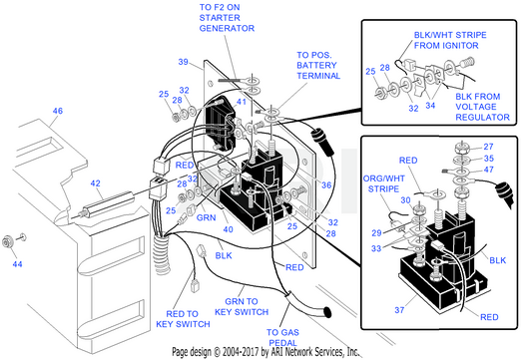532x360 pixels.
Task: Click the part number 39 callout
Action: tap(184, 62)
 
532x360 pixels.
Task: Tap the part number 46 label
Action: tap(58, 111)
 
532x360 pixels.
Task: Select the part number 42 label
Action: tap(96, 183)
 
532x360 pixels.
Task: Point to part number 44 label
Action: tap(17, 263)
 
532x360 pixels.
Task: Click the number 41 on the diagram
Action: tap(242, 102)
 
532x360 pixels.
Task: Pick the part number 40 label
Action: tap(228, 229)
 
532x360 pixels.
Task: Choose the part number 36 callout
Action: tap(326, 184)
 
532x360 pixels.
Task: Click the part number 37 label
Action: tap(399, 310)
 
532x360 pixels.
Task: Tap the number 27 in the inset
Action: tap(488, 147)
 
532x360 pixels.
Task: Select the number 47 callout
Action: tap(488, 170)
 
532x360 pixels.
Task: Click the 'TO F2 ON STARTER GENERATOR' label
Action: tap(227, 18)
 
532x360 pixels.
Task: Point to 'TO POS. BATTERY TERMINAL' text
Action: tap(318, 65)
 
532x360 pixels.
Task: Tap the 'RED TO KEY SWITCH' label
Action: tap(183, 319)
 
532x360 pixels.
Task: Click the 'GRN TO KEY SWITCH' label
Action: tap(242, 306)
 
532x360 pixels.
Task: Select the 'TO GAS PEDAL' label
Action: tap(282, 337)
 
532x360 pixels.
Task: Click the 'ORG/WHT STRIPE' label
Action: tap(383, 183)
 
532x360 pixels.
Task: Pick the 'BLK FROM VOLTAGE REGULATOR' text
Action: tap(482, 107)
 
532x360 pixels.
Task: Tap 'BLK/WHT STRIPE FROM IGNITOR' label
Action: tap(450, 40)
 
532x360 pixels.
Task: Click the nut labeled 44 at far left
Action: tap(7, 242)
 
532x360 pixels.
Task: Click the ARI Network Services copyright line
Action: tap(266, 352)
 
